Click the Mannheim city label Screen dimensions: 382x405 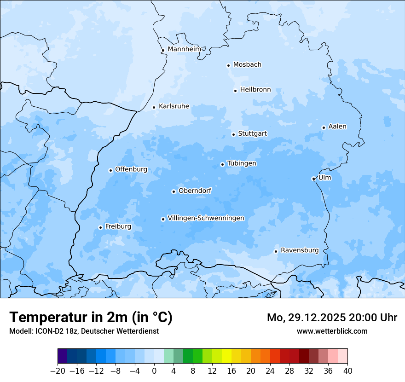pyautogui.click(x=184, y=49)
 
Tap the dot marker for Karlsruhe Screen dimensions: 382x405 pyautogui.click(x=154, y=107)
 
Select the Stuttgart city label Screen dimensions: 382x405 pyautogui.click(x=252, y=133)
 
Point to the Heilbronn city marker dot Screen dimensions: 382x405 pyautogui.click(x=235, y=91)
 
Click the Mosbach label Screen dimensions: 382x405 pyautogui.click(x=247, y=64)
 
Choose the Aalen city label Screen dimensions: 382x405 pyautogui.click(x=337, y=126)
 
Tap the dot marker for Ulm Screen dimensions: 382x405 pyautogui.click(x=313, y=179)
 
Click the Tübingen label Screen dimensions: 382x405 pyautogui.click(x=242, y=163)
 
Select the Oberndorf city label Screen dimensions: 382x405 pyautogui.click(x=195, y=191)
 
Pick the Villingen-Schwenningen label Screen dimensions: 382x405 pyautogui.click(x=206, y=218)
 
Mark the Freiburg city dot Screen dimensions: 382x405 pyautogui.click(x=100, y=227)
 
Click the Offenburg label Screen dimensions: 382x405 pyautogui.click(x=131, y=169)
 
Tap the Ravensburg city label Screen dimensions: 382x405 pyautogui.click(x=300, y=250)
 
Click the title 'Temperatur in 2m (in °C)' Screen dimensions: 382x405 pyautogui.click(x=91, y=318)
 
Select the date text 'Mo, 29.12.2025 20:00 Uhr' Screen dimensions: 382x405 pyautogui.click(x=332, y=318)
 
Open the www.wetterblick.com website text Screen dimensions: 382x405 pyautogui.click(x=332, y=331)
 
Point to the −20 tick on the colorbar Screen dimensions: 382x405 pyautogui.click(x=58, y=371)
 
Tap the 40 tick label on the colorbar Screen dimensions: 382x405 pyautogui.click(x=347, y=371)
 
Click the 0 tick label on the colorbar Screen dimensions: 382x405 pyautogui.click(x=154, y=371)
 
